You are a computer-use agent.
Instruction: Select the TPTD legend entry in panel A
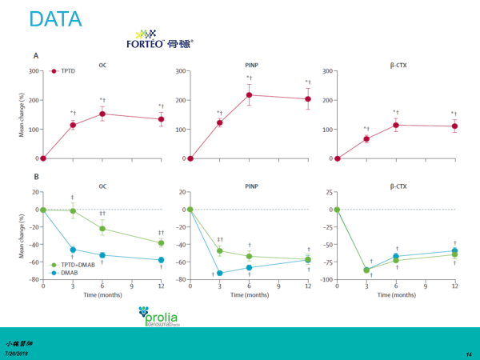tap(64, 71)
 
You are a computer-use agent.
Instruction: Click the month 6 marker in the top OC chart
tap(102, 114)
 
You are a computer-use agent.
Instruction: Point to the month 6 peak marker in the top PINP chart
tap(249, 95)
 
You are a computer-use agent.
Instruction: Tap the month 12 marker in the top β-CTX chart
tap(454, 126)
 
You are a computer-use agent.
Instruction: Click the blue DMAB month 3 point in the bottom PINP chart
tap(219, 273)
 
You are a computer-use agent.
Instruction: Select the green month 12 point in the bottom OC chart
tap(161, 242)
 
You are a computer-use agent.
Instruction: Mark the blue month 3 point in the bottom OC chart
tap(73, 250)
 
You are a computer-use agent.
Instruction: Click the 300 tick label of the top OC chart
tap(33, 71)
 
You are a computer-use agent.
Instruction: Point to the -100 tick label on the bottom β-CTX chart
tap(325, 279)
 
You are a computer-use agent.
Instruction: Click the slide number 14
tap(468, 353)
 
